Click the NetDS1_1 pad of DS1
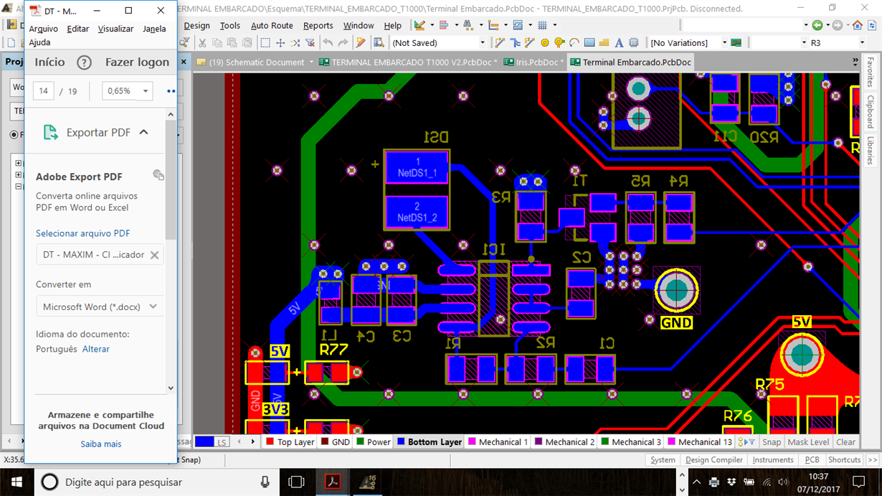[417, 167]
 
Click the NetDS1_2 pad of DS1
[417, 212]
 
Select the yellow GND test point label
[676, 323]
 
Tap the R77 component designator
[333, 350]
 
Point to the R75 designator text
[770, 385]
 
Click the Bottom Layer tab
[430, 442]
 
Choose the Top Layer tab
[290, 442]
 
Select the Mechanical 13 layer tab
[700, 442]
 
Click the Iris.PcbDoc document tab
[535, 62]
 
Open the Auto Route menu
[272, 26]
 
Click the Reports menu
[318, 26]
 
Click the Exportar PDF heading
[98, 132]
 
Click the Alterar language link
[96, 349]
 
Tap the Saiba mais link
[101, 444]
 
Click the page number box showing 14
[44, 91]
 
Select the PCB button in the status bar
[812, 460]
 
